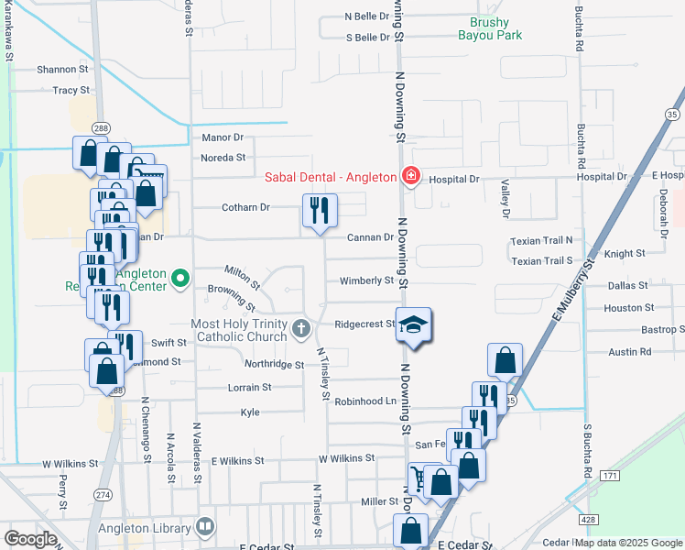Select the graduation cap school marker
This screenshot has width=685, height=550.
coord(413,324)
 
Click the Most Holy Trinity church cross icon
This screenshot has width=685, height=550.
coord(301,327)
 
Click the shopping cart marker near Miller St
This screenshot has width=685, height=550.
coord(419,479)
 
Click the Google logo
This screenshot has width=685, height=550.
coord(30,539)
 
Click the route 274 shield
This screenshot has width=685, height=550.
coord(102,495)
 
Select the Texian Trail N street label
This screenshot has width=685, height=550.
coord(541,240)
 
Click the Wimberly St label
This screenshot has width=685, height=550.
coord(366,280)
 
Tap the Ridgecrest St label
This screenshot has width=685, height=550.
coord(364,324)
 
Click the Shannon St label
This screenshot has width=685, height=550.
coord(62,69)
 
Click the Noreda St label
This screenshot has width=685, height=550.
coord(223,157)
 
